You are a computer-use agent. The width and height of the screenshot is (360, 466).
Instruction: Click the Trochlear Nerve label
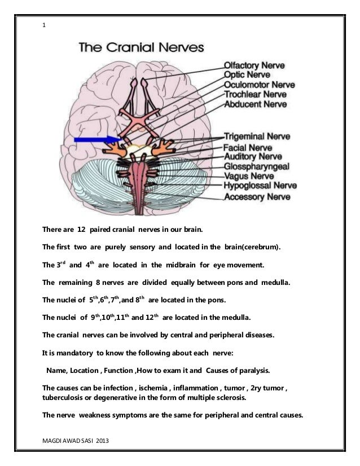coord(258,94)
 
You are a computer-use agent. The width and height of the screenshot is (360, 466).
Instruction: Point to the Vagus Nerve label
coord(250,176)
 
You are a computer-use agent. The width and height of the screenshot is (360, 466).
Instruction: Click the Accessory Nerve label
coord(258,197)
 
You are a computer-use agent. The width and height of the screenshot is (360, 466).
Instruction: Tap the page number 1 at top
coord(44,25)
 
